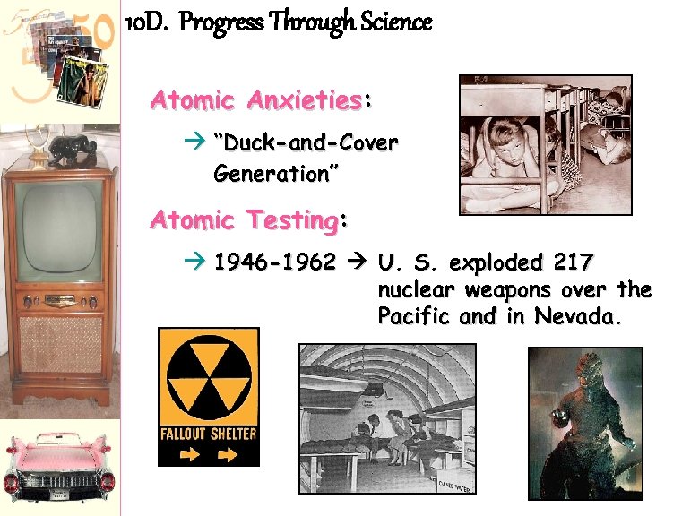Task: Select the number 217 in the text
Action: coord(573,263)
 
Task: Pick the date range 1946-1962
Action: coord(275,263)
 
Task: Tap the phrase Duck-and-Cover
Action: coord(306,143)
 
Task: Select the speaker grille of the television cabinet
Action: coord(61,344)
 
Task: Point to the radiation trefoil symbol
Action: coord(208,377)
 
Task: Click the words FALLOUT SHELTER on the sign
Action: coord(208,434)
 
